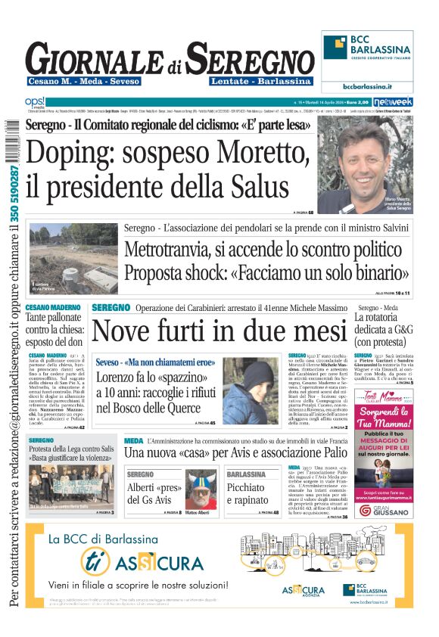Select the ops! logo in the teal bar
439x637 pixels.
coord(36,101)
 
